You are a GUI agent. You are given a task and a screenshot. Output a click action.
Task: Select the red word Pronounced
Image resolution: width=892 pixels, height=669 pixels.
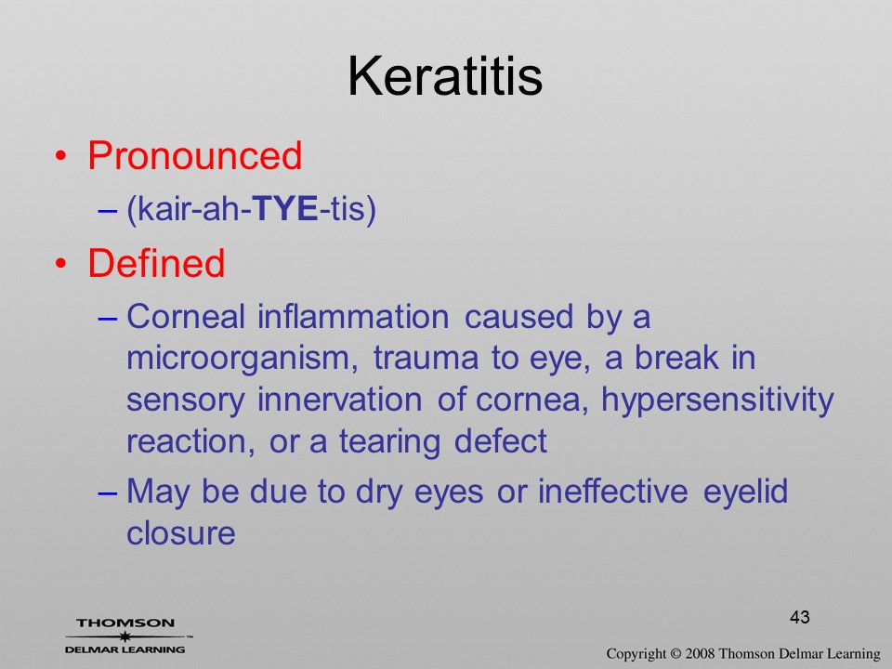click(x=194, y=155)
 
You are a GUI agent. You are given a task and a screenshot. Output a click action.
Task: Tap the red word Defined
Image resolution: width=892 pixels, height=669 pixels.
click(x=156, y=263)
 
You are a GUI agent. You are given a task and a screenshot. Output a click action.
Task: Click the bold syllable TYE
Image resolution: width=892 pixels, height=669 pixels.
click(x=284, y=208)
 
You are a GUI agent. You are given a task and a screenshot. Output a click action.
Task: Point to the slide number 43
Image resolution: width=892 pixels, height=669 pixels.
click(x=799, y=617)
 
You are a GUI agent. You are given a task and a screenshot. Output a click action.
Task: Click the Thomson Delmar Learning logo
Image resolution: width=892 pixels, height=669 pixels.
click(x=126, y=636)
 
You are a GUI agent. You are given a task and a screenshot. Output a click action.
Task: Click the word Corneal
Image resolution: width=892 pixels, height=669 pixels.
click(x=186, y=316)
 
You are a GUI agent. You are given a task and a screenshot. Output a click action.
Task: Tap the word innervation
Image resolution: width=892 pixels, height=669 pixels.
click(x=340, y=400)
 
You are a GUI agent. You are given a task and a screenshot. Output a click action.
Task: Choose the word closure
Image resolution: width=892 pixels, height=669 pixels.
click(x=181, y=533)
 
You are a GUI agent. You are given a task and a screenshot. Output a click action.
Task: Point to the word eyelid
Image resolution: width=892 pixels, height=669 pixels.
click(x=745, y=492)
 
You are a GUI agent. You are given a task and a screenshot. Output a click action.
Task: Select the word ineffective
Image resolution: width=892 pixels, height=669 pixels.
click(x=612, y=491)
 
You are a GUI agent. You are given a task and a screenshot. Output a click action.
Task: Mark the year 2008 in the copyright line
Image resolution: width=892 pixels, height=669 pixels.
click(x=701, y=653)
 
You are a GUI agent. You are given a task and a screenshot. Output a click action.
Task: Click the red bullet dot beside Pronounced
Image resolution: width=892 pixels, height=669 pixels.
click(x=61, y=156)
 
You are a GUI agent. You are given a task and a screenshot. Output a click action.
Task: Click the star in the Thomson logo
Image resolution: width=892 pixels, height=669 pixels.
click(x=125, y=636)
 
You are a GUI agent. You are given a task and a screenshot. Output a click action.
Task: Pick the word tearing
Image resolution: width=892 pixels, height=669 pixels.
click(x=389, y=442)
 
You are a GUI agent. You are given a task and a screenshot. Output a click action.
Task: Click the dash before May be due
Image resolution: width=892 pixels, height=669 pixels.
click(x=108, y=492)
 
